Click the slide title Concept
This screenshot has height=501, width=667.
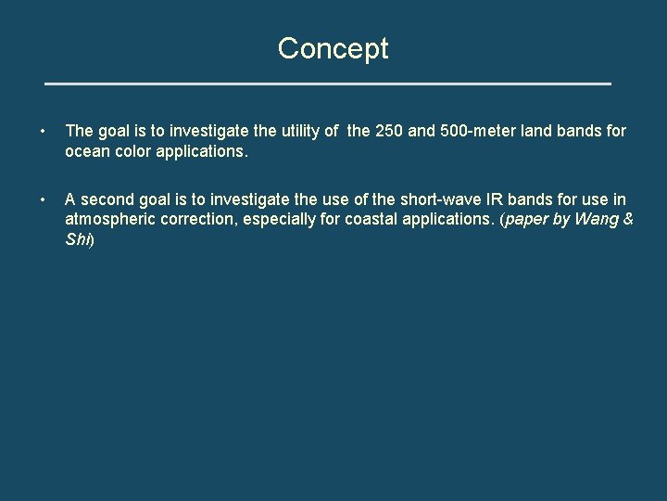[x=333, y=48]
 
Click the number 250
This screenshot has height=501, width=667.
[x=389, y=132]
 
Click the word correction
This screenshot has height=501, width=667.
[x=203, y=220]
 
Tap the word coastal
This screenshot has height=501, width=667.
[x=375, y=220]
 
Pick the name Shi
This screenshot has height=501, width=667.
[x=77, y=239]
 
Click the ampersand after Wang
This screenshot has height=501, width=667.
[x=627, y=220]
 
